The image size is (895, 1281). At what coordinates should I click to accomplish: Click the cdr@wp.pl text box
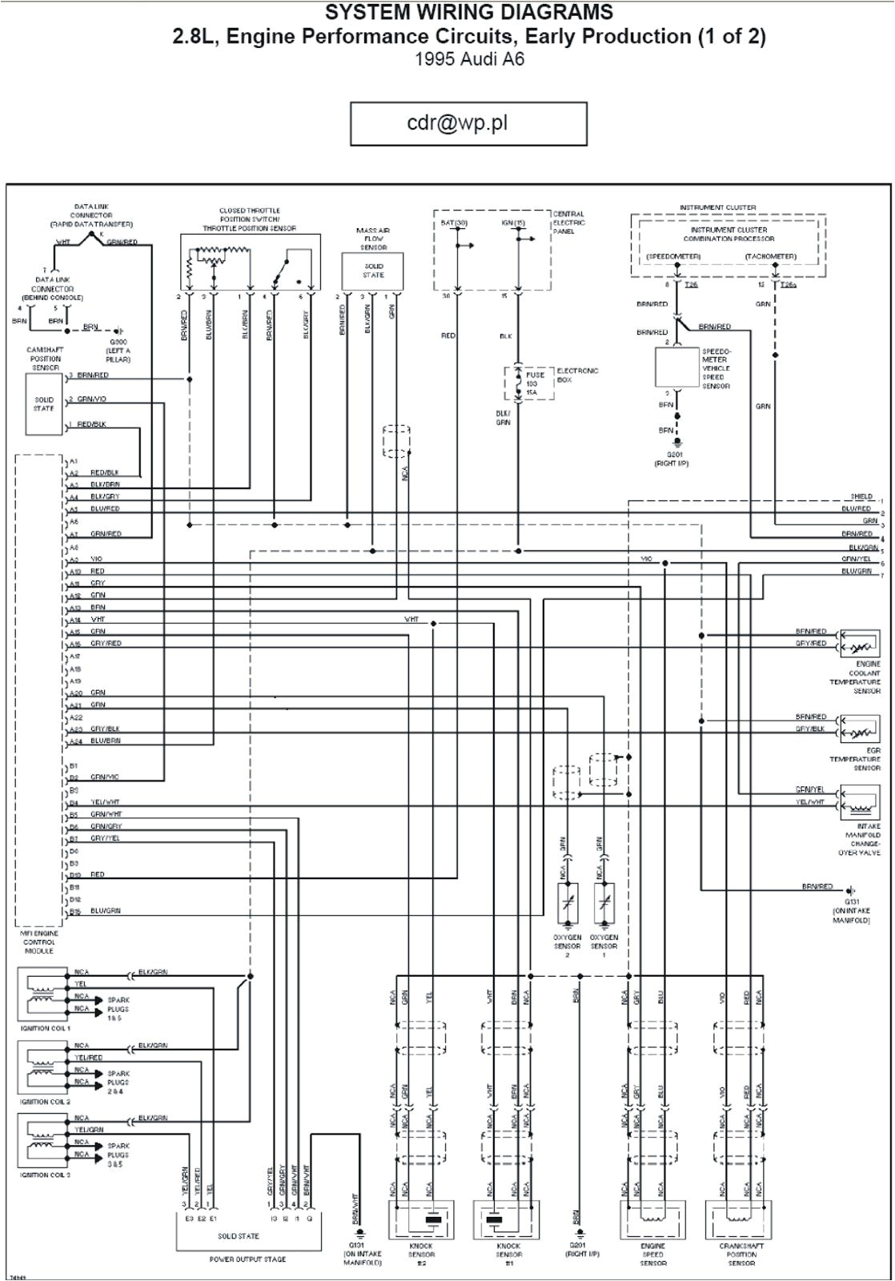468,124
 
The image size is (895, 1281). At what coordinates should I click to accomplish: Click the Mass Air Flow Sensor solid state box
373,271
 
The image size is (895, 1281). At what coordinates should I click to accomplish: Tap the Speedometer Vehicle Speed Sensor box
677,367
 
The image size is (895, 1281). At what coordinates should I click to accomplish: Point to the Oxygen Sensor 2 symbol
568,904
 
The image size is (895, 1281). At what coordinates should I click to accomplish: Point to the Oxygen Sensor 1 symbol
604,904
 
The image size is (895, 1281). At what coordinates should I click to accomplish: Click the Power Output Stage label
236,1259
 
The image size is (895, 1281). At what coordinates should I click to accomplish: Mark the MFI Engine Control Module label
39,942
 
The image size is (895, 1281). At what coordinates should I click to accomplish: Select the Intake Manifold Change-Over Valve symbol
860,801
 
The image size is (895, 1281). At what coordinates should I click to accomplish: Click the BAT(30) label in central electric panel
454,223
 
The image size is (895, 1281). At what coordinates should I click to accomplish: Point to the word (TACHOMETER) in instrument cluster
770,256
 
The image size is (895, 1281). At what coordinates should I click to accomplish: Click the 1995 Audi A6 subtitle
469,58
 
